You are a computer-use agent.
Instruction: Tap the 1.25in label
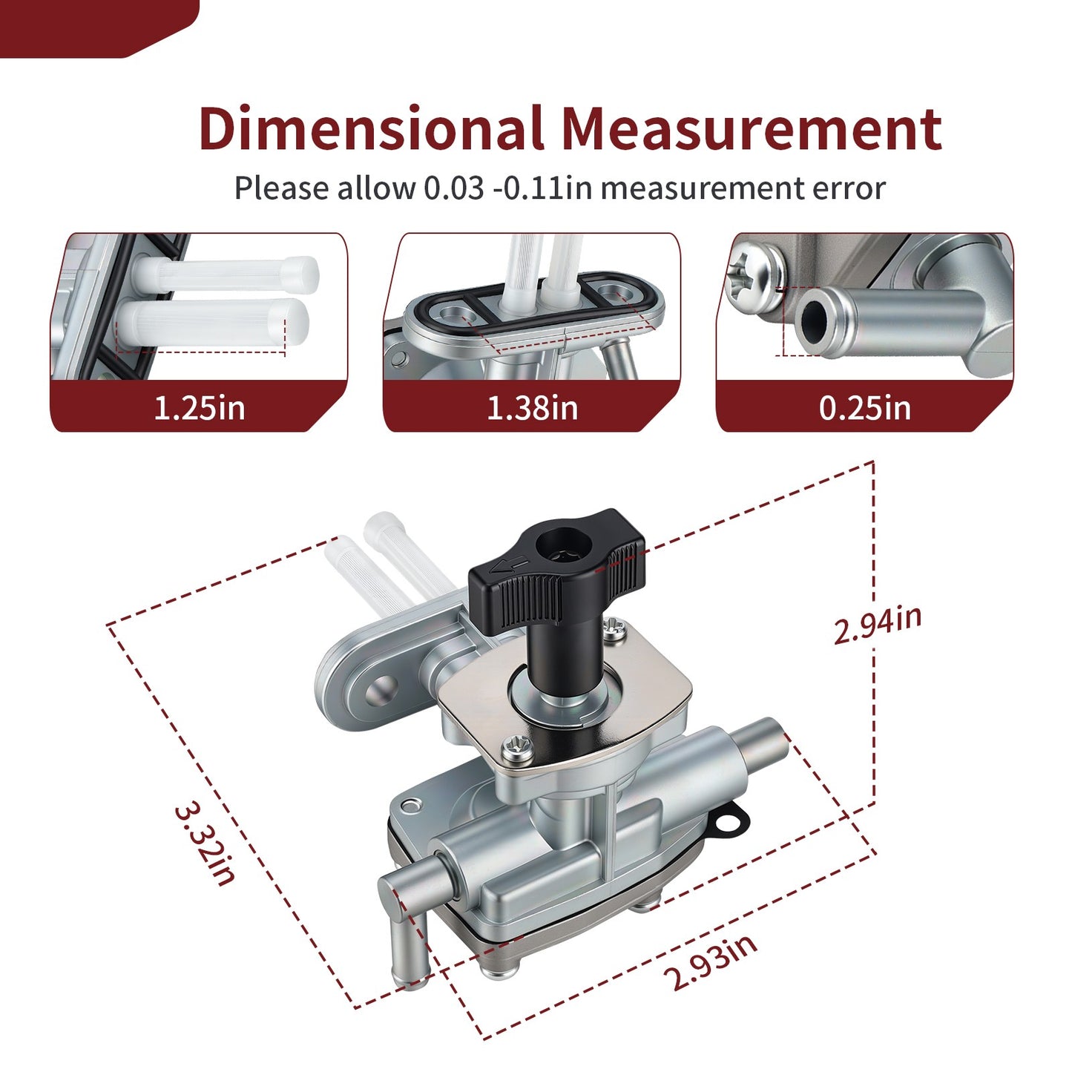coord(199,408)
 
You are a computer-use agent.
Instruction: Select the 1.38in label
coord(533,408)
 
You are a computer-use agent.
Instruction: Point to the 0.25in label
coord(865,408)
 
